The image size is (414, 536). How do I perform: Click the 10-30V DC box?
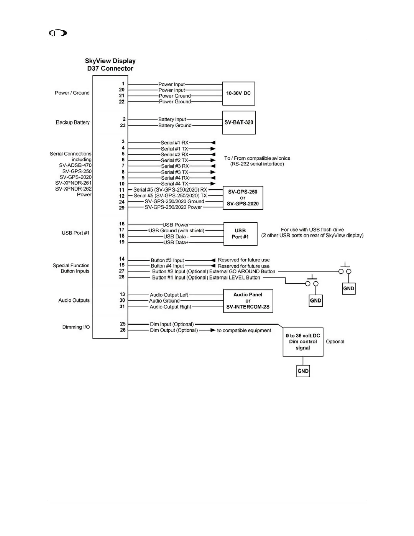[238, 93]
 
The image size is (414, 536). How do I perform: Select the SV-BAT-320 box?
[239, 122]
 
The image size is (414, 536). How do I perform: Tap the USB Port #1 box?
[240, 234]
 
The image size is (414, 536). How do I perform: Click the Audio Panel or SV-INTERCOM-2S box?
[248, 301]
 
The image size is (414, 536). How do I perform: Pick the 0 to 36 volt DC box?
[303, 342]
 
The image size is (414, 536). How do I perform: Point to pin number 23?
[123, 125]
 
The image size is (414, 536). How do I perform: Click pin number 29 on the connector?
[122, 208]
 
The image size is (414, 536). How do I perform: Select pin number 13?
[122, 294]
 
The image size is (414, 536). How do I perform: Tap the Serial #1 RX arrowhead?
[213, 143]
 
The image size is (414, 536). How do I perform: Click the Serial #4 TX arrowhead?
[213, 184]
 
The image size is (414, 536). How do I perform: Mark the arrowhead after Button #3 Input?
[213, 260]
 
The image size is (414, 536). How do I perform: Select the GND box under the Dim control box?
[303, 371]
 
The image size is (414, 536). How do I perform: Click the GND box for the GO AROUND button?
[349, 289]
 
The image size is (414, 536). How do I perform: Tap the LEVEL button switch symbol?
[312, 283]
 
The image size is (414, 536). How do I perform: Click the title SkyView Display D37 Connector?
[110, 65]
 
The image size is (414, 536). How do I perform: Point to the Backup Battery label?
[73, 122]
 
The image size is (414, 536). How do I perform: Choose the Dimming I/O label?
[76, 327]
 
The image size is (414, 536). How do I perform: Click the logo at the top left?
[58, 33]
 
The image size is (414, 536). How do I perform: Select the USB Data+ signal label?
[176, 242]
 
